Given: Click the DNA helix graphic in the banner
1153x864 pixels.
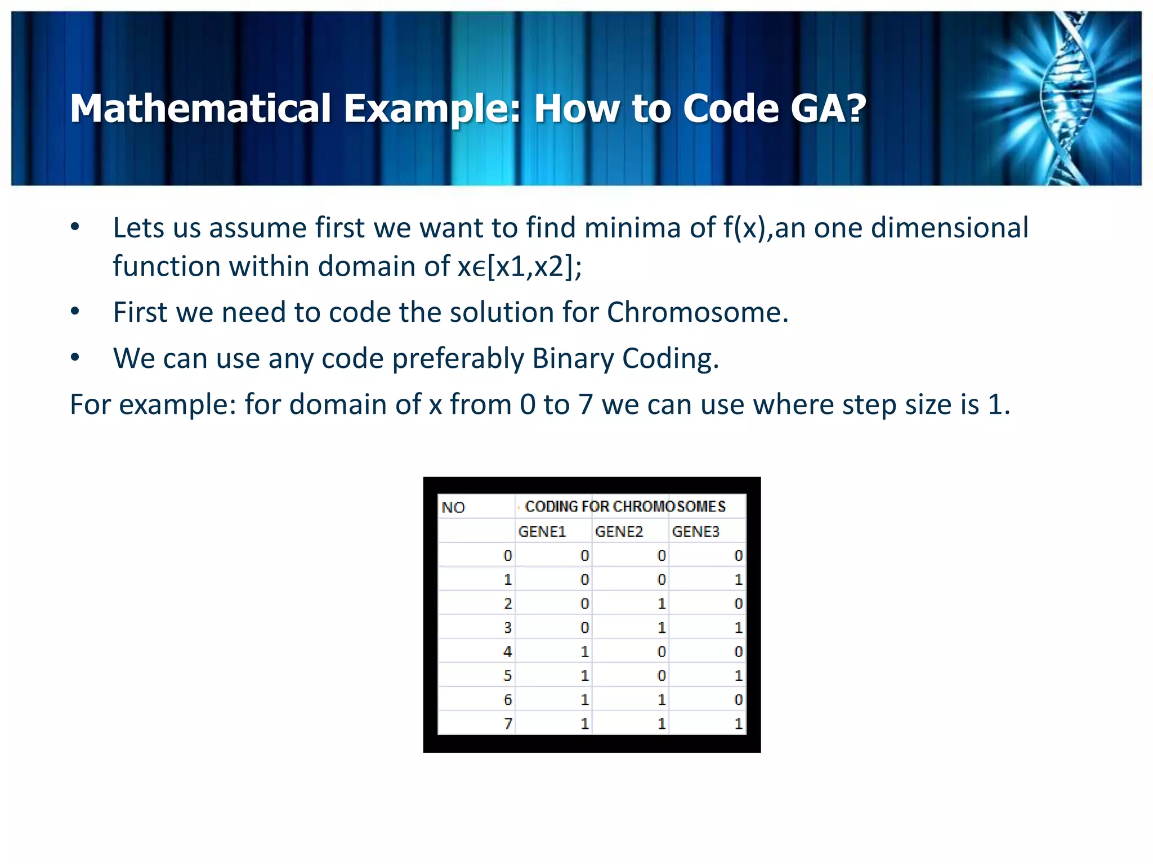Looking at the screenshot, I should click(x=1064, y=98).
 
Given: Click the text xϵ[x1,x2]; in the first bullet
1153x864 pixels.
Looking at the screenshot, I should click(x=519, y=266).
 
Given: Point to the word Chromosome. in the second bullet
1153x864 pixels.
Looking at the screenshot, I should click(x=697, y=312).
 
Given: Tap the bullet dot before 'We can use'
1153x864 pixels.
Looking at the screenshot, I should click(x=75, y=358).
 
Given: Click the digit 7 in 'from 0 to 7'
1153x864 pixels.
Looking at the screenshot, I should click(x=586, y=404).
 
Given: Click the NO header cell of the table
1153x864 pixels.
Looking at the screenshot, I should click(x=453, y=507).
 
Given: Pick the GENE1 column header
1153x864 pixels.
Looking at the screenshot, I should click(x=542, y=532).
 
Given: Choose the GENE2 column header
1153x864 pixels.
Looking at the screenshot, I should click(x=619, y=532).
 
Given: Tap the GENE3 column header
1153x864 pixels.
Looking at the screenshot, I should click(x=696, y=532).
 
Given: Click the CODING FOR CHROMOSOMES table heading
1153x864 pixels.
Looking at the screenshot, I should click(x=625, y=506).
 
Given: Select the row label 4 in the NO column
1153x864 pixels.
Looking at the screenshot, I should click(x=507, y=651).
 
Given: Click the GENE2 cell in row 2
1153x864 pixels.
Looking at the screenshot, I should click(x=662, y=604).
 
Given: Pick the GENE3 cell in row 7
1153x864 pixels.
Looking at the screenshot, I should click(x=738, y=723).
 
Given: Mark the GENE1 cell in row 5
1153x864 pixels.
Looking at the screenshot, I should click(x=584, y=676).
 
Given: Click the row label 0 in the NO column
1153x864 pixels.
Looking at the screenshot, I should click(x=507, y=556).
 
